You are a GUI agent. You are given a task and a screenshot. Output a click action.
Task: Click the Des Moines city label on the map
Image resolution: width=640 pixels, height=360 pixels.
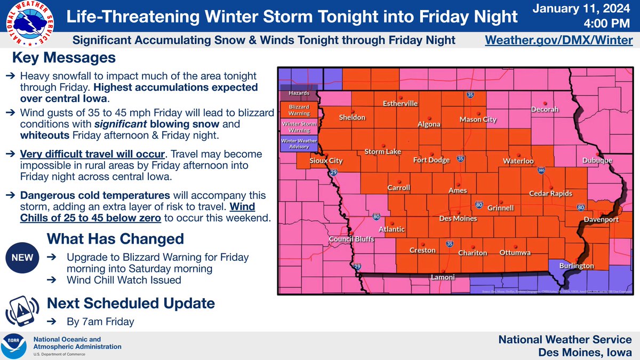pos(457,219)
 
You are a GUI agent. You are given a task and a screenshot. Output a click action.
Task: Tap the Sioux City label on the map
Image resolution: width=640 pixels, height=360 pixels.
pos(326,161)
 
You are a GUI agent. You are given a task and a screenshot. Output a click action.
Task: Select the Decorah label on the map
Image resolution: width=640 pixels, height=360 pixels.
pos(545,109)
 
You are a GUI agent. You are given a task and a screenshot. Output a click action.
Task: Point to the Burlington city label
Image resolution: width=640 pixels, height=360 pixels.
pos(576,266)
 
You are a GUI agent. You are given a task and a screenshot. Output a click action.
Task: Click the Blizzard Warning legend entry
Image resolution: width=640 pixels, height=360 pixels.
pos(299,110)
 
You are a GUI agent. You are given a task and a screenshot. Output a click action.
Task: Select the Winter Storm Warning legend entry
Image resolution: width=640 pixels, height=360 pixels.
pos(299,127)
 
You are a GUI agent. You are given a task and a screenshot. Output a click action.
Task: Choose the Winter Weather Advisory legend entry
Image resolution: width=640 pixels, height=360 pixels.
pos(299,144)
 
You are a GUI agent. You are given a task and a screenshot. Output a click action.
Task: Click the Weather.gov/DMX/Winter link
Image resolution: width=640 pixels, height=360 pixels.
pos(558,41)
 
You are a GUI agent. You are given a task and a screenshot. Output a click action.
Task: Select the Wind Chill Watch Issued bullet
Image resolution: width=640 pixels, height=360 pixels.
pos(124,280)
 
